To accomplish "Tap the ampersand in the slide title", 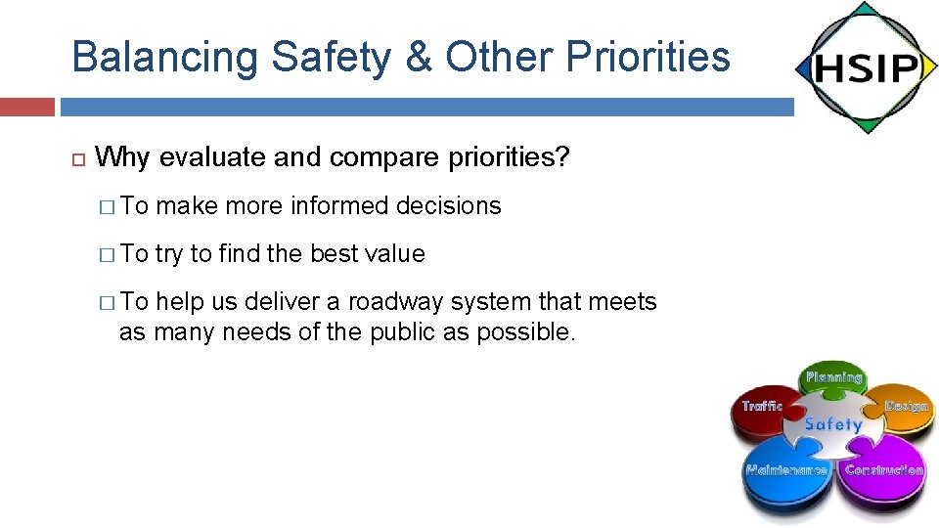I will pos(418,57).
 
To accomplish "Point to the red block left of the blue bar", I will pos(26,107).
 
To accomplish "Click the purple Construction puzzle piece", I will pos(883,474).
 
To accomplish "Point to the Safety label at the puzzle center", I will pos(833,424).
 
